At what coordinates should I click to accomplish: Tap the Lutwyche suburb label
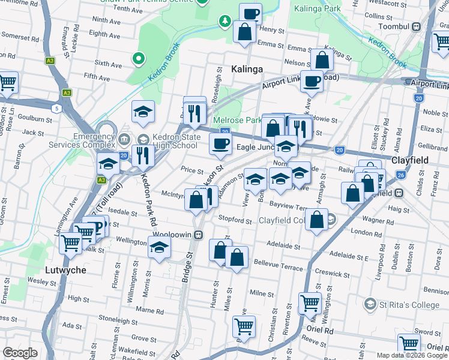point(65,270)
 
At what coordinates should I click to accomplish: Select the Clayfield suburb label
point(410,161)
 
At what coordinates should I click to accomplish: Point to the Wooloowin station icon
point(196,235)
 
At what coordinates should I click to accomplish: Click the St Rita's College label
point(408,305)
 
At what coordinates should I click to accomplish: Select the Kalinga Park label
point(318,8)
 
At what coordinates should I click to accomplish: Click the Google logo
point(20,353)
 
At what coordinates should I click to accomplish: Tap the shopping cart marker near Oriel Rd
point(310,304)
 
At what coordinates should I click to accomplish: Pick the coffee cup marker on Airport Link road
point(311,81)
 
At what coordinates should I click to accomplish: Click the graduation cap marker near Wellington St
point(159,247)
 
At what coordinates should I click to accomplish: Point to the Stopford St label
point(235,220)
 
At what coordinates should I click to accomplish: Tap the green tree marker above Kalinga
point(224,22)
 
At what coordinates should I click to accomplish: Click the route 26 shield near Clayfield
point(400,175)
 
